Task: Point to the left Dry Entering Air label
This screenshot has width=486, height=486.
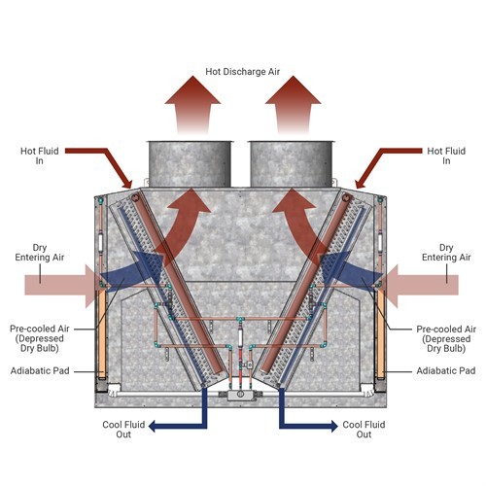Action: [39, 254]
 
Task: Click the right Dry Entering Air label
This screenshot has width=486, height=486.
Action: [447, 254]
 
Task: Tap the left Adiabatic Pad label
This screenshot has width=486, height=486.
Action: [40, 371]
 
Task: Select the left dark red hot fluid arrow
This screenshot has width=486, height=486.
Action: [97, 154]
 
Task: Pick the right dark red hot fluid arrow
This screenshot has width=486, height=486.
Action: [389, 154]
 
